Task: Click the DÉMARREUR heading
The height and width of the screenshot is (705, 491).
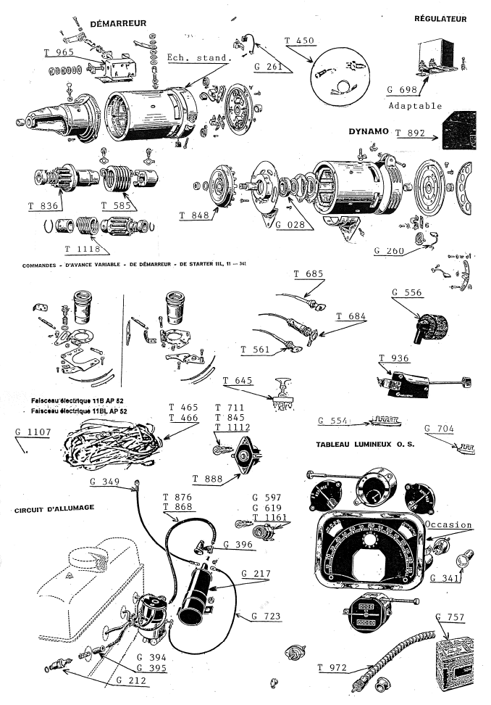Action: coord(118,24)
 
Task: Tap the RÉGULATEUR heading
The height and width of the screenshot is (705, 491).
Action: coord(440,18)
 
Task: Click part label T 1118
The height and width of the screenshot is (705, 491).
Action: coord(81,249)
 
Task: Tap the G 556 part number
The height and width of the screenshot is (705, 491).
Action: coord(406,293)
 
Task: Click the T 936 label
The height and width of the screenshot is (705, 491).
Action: coord(393,358)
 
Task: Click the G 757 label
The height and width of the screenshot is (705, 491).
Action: coord(453,617)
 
